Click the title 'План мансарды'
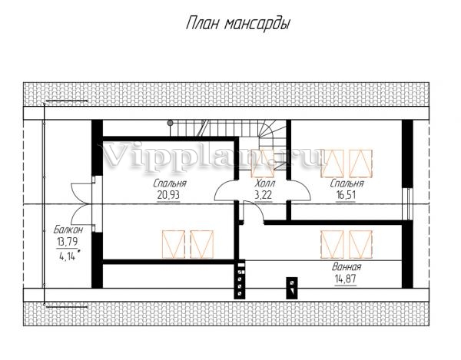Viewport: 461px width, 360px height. click(238, 24)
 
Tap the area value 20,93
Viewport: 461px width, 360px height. click(168, 195)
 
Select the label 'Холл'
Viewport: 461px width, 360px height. click(265, 183)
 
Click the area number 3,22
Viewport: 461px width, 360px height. click(263, 195)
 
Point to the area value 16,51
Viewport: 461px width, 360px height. click(346, 195)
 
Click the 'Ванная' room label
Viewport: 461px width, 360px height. click(347, 267)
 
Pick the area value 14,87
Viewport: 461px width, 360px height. click(345, 279)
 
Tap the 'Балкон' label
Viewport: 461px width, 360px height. click(68, 230)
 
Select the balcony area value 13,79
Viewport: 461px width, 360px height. click(68, 242)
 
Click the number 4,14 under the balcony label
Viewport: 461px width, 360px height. click(68, 256)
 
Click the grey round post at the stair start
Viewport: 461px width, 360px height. click(170, 123)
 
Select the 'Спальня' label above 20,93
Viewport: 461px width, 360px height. click(170, 183)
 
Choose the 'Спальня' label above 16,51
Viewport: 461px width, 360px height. click(347, 183)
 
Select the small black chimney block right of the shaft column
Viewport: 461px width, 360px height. click(292, 288)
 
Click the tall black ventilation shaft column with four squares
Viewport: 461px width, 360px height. click(240, 279)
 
